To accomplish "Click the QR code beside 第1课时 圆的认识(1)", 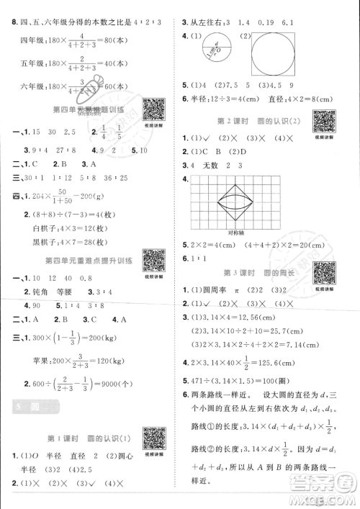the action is (152, 438).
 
